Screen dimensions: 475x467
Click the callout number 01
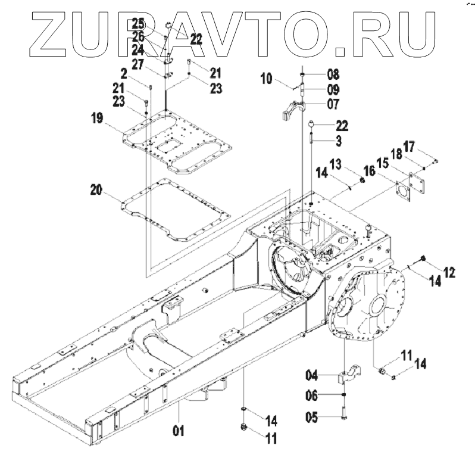coord(179,431)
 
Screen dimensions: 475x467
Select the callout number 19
coord(97,118)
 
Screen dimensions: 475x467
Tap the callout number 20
coord(96,190)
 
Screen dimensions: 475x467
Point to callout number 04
coord(312,376)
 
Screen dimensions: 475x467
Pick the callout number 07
coord(333,104)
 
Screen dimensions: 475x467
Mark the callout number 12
coord(449,272)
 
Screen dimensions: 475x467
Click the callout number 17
coord(409,147)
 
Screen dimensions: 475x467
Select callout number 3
coord(339,141)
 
